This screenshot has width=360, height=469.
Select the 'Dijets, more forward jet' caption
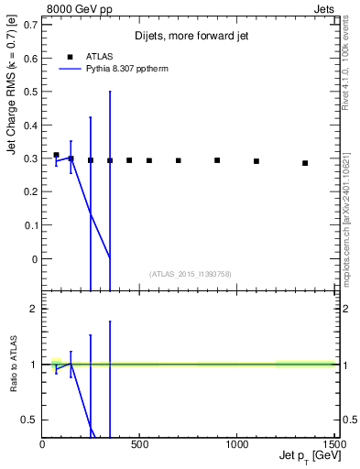(x=190, y=36)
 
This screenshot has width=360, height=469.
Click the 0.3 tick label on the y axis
(x=34, y=158)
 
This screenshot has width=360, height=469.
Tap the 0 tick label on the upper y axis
(x=37, y=259)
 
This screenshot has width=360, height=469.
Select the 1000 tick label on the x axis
(x=238, y=446)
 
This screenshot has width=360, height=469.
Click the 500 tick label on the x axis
(x=140, y=446)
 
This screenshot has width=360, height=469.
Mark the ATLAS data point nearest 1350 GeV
(x=305, y=163)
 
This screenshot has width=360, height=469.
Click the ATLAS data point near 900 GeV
(x=217, y=160)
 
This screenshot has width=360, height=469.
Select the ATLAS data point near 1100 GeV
(x=256, y=161)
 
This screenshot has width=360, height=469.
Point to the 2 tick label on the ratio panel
(x=35, y=310)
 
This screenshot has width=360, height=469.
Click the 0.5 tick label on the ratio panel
(x=31, y=420)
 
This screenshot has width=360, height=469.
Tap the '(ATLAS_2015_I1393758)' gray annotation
(x=189, y=274)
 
